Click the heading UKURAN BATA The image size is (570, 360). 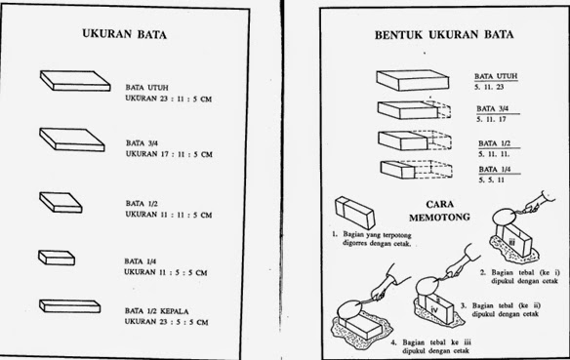coord(124,33)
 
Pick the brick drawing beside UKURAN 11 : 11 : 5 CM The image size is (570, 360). coord(61,201)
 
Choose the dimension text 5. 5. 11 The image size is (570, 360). coord(491,180)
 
